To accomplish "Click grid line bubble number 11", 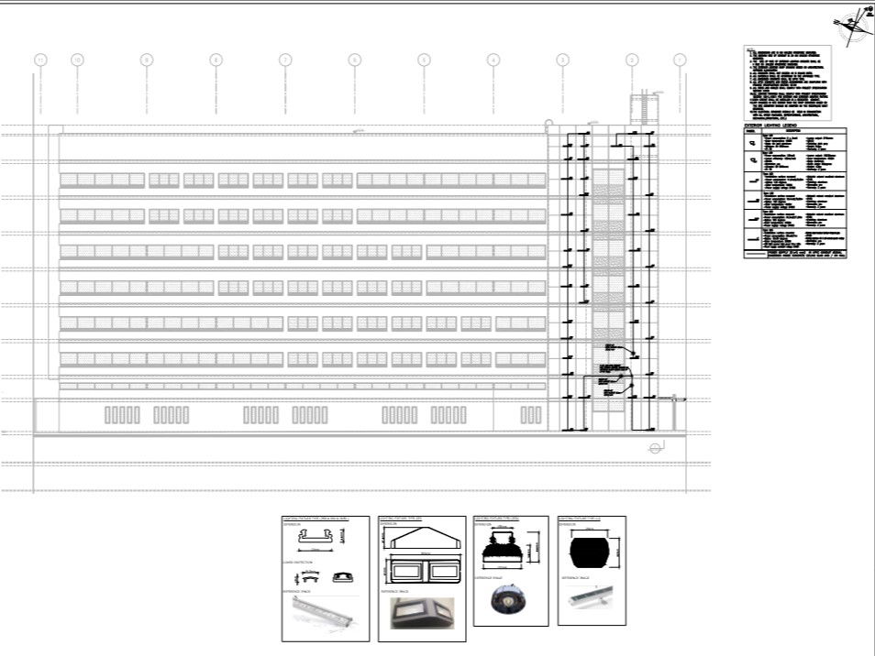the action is coord(40,60).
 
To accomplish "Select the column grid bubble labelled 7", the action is coord(285,60).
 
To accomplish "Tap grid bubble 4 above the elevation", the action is coord(493,60).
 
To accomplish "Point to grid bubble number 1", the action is coord(680,60).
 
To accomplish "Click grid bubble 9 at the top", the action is coord(147,60).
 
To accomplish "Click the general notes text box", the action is coord(787,82).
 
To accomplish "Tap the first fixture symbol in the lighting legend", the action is coord(753,143).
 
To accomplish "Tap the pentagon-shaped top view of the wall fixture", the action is coord(420,541).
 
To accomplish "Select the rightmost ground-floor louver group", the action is coord(531,415).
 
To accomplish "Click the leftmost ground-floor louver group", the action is coord(122,415).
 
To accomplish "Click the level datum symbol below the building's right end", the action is coord(655,448).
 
